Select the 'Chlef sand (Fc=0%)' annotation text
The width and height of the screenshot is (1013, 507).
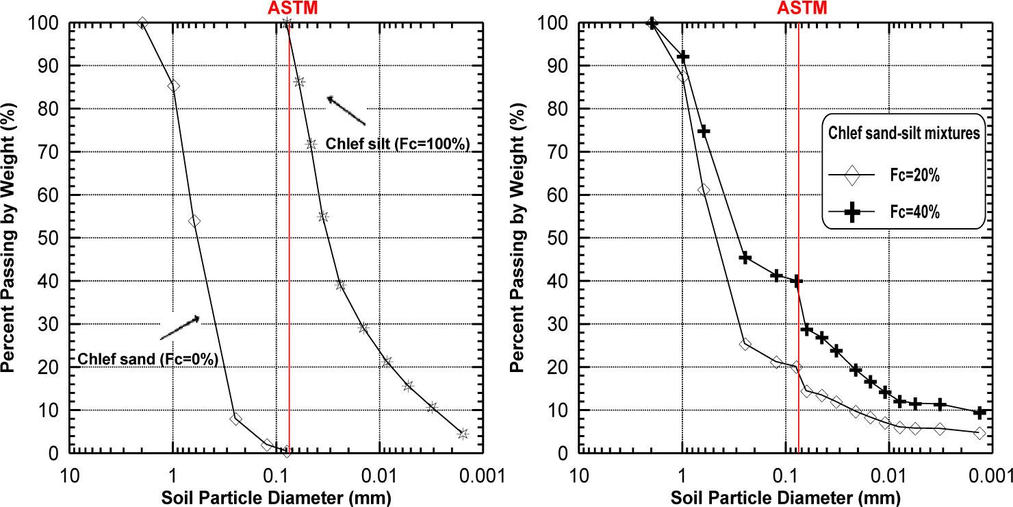(147, 358)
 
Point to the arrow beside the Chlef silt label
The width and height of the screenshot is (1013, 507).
(346, 110)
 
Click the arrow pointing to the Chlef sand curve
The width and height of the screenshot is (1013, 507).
(179, 327)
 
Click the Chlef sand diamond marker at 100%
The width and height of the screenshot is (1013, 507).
(142, 23)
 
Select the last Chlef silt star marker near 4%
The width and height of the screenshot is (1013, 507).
(463, 434)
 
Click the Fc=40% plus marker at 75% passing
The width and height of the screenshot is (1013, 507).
(703, 131)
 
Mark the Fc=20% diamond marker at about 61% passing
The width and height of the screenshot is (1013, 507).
(703, 190)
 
